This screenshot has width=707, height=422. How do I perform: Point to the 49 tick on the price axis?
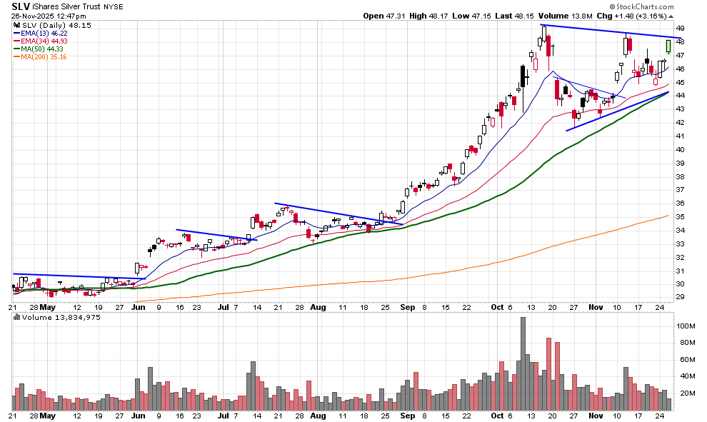[x=681, y=28]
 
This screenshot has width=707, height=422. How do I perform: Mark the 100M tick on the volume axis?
[x=685, y=326]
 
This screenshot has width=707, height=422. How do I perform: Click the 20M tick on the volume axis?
[x=684, y=393]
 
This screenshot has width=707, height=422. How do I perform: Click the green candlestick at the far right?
[x=668, y=46]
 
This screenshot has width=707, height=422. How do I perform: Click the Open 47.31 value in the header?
[x=382, y=16]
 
